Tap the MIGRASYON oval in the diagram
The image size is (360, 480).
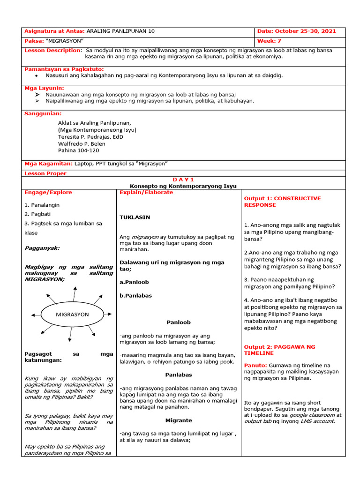click(72, 315)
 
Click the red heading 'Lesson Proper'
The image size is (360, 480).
click(45, 173)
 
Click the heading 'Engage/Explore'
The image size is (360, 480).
click(48, 192)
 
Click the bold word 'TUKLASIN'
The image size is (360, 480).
click(135, 217)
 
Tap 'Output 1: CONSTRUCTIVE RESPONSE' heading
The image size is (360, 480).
click(282, 202)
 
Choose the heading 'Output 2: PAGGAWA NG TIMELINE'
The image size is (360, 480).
click(279, 350)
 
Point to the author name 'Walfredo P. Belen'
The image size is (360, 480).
click(82, 144)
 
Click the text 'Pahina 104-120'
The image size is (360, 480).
click(78, 150)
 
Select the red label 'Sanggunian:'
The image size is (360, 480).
click(43, 113)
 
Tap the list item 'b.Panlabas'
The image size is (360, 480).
click(135, 296)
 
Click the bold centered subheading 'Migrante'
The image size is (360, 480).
click(179, 420)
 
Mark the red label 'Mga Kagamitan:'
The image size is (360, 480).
click(48, 163)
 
